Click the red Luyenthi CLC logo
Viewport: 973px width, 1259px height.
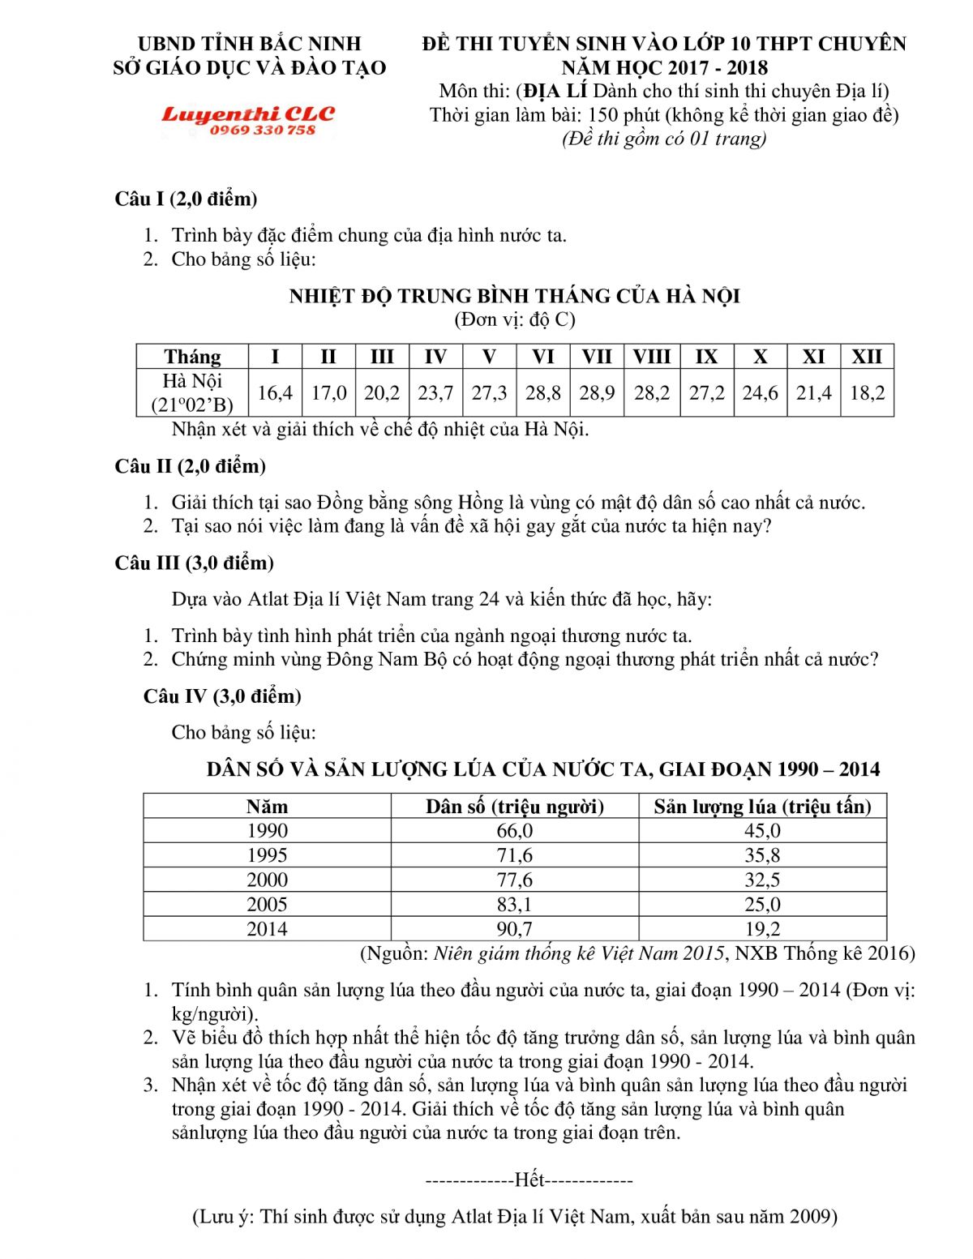tap(248, 114)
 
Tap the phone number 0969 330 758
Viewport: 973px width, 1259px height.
tap(262, 131)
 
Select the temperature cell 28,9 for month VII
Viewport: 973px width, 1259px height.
tap(597, 393)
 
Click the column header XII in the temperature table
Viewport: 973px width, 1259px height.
tap(867, 357)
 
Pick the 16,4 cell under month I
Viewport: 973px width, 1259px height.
tap(275, 393)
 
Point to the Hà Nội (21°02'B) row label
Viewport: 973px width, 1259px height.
tap(192, 393)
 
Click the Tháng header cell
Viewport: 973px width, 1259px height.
tap(192, 357)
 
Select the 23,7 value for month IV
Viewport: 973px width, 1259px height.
tap(435, 393)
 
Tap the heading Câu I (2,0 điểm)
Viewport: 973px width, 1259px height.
tap(186, 199)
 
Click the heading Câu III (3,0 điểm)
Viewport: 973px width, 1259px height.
tap(194, 563)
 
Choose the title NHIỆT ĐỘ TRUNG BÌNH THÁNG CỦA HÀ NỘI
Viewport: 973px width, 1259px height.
tap(514, 296)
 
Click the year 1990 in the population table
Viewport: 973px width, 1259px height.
tap(267, 831)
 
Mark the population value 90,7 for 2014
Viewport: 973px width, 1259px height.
tap(514, 929)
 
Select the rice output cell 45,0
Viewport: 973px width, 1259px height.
tap(762, 831)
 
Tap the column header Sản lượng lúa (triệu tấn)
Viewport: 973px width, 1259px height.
tap(762, 807)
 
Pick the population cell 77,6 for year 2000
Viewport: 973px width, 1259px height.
tap(514, 880)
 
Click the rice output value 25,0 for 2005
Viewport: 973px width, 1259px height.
tap(762, 905)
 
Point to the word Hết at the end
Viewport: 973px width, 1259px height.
tap(529, 1180)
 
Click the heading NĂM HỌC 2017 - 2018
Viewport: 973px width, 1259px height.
tap(664, 67)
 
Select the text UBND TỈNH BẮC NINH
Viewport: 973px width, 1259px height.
tap(250, 44)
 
